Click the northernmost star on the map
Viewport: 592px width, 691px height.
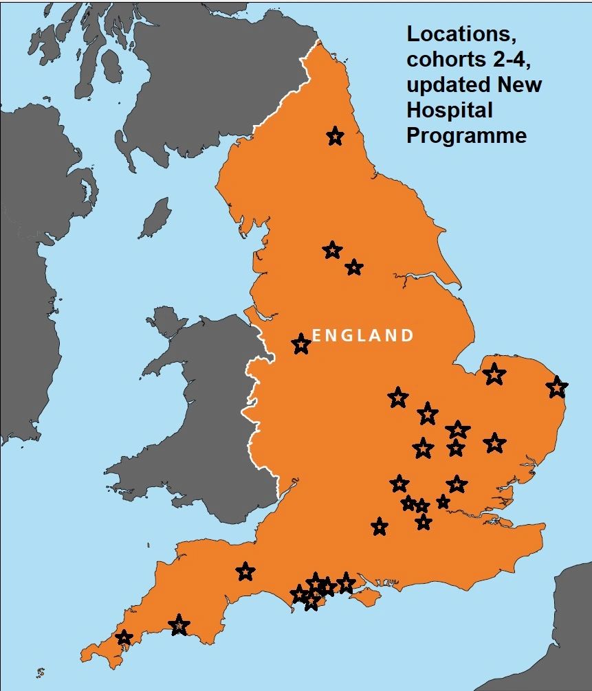point(335,137)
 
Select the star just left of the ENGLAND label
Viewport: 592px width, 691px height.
point(300,343)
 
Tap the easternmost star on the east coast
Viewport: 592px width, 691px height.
point(557,387)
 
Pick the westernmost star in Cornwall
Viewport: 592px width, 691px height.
point(124,638)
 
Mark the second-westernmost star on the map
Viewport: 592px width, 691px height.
point(179,626)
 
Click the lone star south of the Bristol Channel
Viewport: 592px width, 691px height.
point(245,571)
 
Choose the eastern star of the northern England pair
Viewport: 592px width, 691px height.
point(353,267)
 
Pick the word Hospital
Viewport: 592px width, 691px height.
point(450,110)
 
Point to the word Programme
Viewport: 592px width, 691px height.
point(466,135)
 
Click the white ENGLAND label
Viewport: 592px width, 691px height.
point(364,335)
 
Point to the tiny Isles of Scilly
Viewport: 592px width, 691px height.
point(40,672)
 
